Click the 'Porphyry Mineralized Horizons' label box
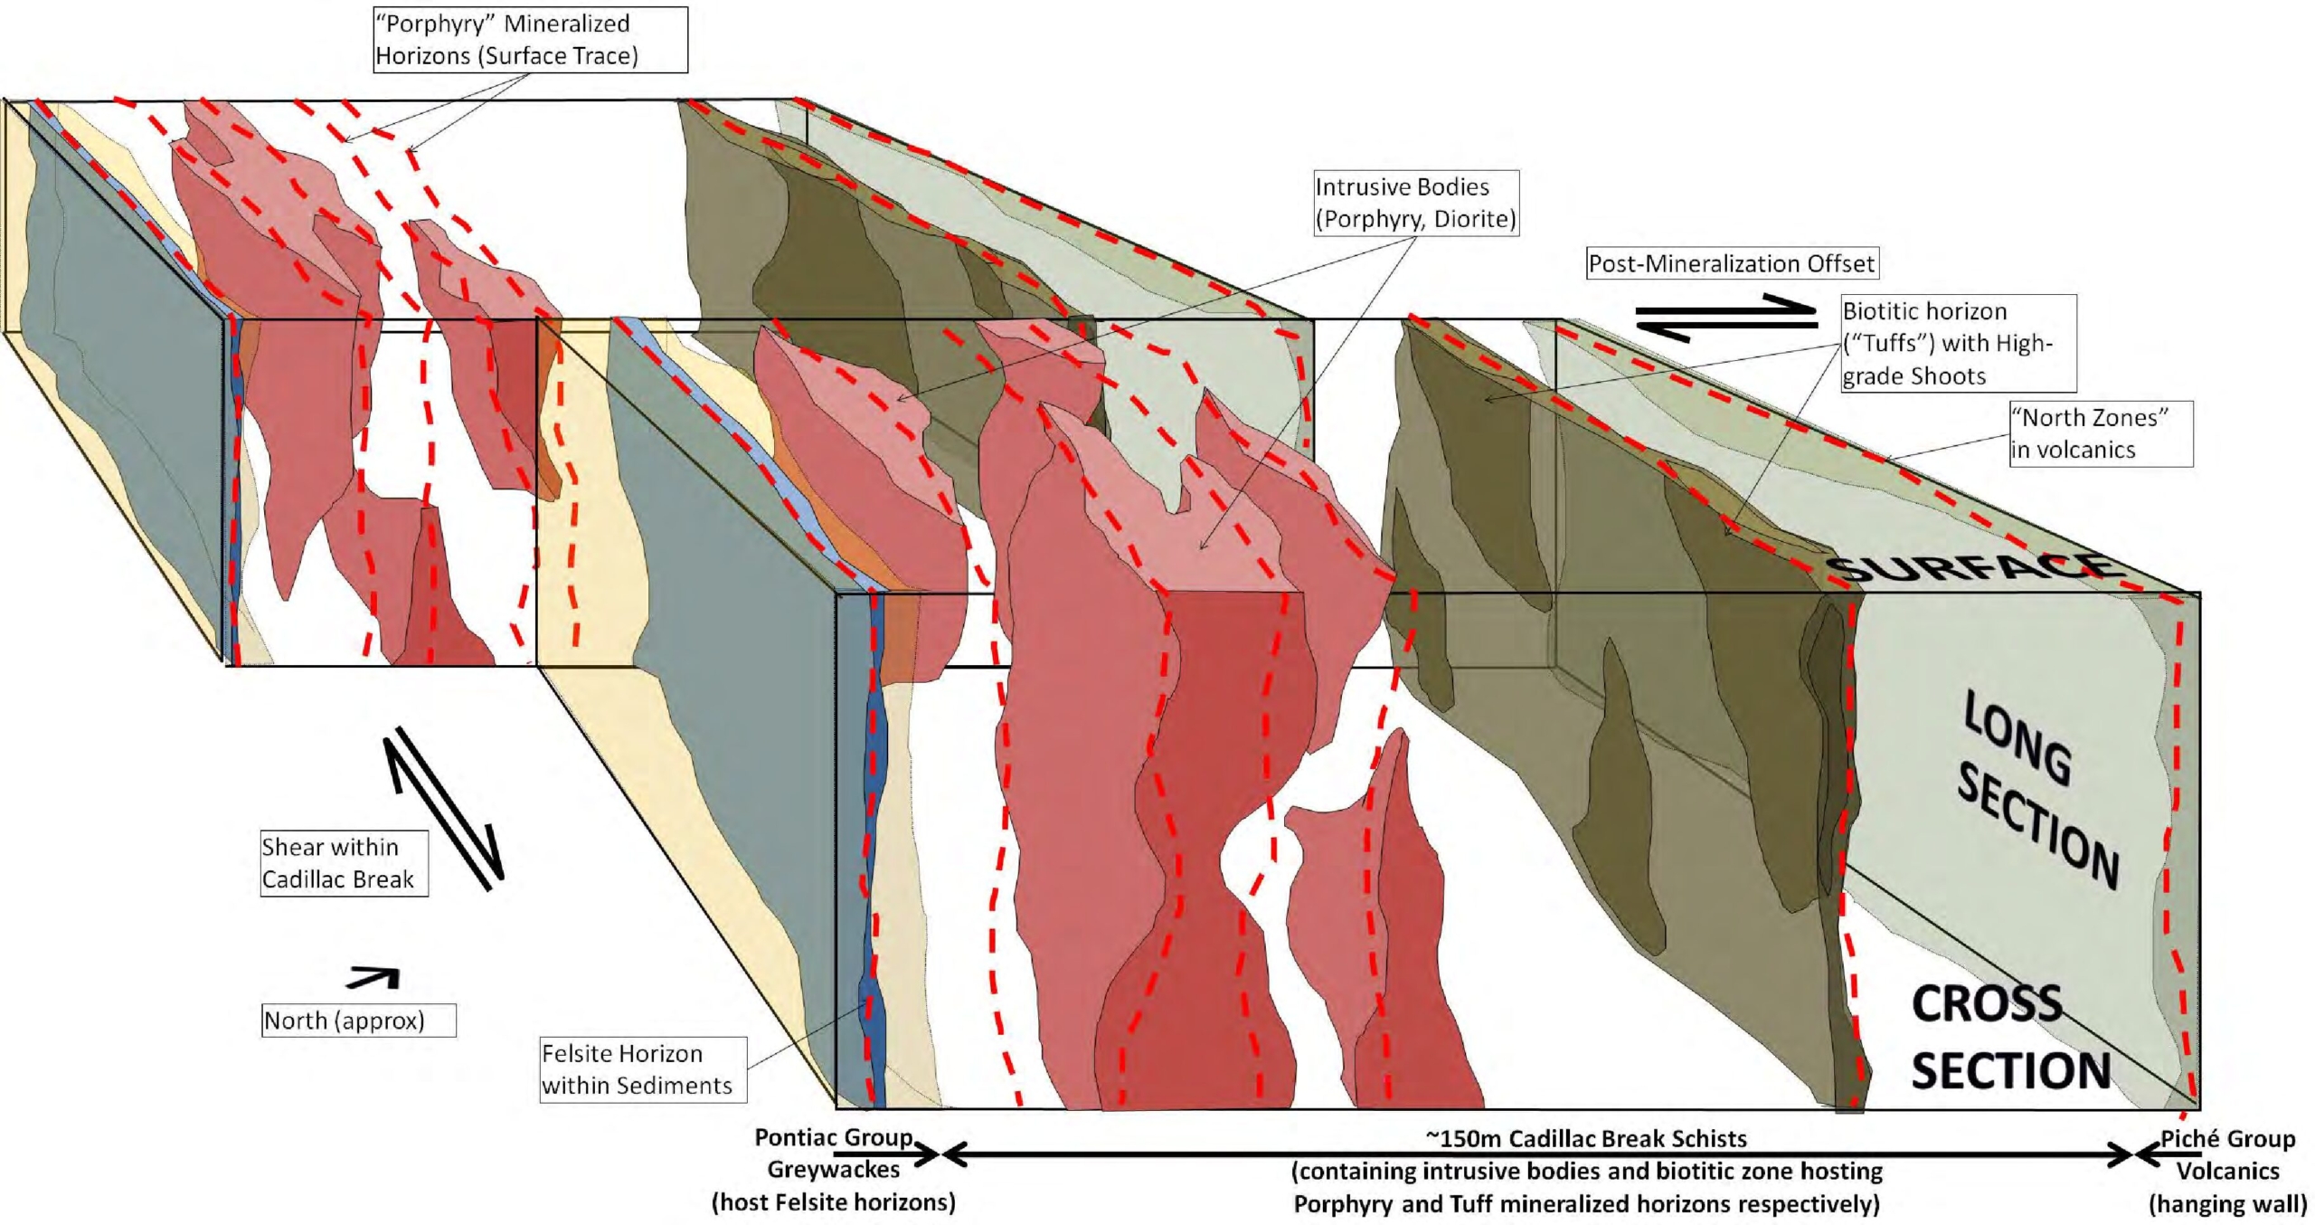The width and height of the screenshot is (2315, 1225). [530, 40]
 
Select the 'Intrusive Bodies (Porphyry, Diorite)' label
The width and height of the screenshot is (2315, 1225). [1415, 203]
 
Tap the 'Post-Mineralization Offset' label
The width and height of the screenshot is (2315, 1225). [1731, 263]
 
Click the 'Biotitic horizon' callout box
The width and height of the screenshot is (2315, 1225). [1958, 343]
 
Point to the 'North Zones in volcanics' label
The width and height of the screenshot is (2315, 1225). [2101, 433]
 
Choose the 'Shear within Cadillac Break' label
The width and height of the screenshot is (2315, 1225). [344, 863]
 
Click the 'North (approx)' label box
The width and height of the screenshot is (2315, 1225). [358, 1021]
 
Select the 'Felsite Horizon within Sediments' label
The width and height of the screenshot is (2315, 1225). [643, 1069]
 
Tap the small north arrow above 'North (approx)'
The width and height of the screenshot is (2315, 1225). [373, 977]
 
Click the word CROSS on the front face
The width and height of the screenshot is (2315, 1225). [1986, 1004]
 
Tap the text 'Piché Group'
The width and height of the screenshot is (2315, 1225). [2227, 1138]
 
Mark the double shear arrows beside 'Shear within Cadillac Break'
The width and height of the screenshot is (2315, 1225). [443, 808]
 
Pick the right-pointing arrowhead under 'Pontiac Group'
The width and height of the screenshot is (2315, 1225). [928, 1154]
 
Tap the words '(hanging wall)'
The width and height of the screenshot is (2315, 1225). [2227, 1203]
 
